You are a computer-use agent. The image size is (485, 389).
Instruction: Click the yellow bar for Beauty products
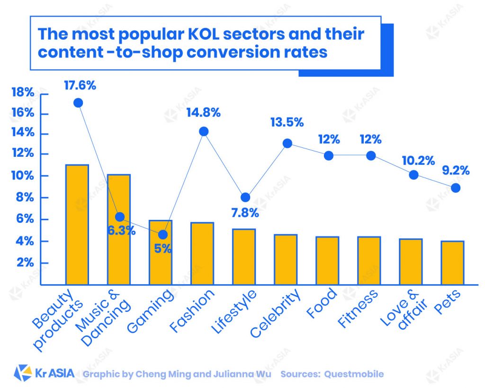[x=77, y=225]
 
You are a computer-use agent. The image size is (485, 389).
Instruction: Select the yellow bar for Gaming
[x=161, y=253]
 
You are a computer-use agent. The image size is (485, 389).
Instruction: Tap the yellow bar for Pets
[x=452, y=263]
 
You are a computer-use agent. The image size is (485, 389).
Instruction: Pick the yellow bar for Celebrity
[x=286, y=260]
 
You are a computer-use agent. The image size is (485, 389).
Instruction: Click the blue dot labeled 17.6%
[x=78, y=103]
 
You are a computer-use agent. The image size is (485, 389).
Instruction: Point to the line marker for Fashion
[x=204, y=131]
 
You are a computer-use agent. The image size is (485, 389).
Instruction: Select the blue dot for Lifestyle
[x=245, y=197]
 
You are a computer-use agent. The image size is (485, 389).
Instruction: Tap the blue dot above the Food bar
[x=329, y=155]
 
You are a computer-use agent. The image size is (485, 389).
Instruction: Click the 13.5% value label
[x=287, y=122]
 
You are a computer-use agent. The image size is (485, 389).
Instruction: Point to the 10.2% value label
[x=418, y=161]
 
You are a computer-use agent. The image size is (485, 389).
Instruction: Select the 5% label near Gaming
[x=162, y=248]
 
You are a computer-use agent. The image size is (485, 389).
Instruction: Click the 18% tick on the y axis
[x=23, y=93]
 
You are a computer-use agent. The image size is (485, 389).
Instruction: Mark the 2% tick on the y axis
[x=25, y=263]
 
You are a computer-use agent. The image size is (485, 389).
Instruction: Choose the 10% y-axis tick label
[x=23, y=175]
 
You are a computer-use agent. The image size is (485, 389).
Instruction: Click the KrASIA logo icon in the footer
[x=23, y=373]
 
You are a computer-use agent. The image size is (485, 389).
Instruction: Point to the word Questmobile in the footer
[x=354, y=374]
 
